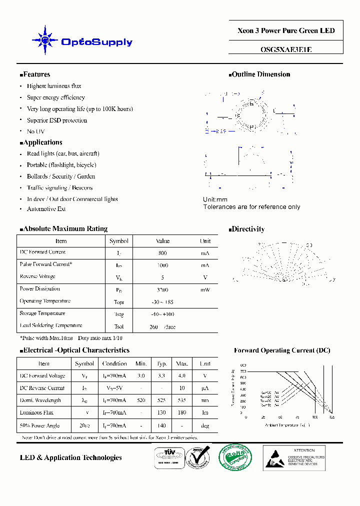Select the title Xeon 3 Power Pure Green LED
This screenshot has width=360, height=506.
(286, 31)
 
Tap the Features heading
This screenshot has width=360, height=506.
(36, 74)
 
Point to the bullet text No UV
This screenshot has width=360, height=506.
(35, 131)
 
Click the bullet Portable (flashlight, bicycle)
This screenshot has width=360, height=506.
(61, 165)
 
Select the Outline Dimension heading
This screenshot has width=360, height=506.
(260, 74)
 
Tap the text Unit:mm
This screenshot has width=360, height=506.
(215, 199)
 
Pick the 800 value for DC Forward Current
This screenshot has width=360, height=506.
(162, 253)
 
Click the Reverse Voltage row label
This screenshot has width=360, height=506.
(37, 276)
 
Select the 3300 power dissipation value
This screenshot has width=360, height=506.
(162, 289)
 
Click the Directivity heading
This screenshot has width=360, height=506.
(248, 229)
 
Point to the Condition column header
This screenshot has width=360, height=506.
(114, 363)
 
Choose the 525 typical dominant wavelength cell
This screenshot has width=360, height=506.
(162, 400)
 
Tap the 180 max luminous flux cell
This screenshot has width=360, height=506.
(182, 412)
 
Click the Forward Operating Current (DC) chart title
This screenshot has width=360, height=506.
(282, 350)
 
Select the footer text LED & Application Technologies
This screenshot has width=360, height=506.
(70, 457)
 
